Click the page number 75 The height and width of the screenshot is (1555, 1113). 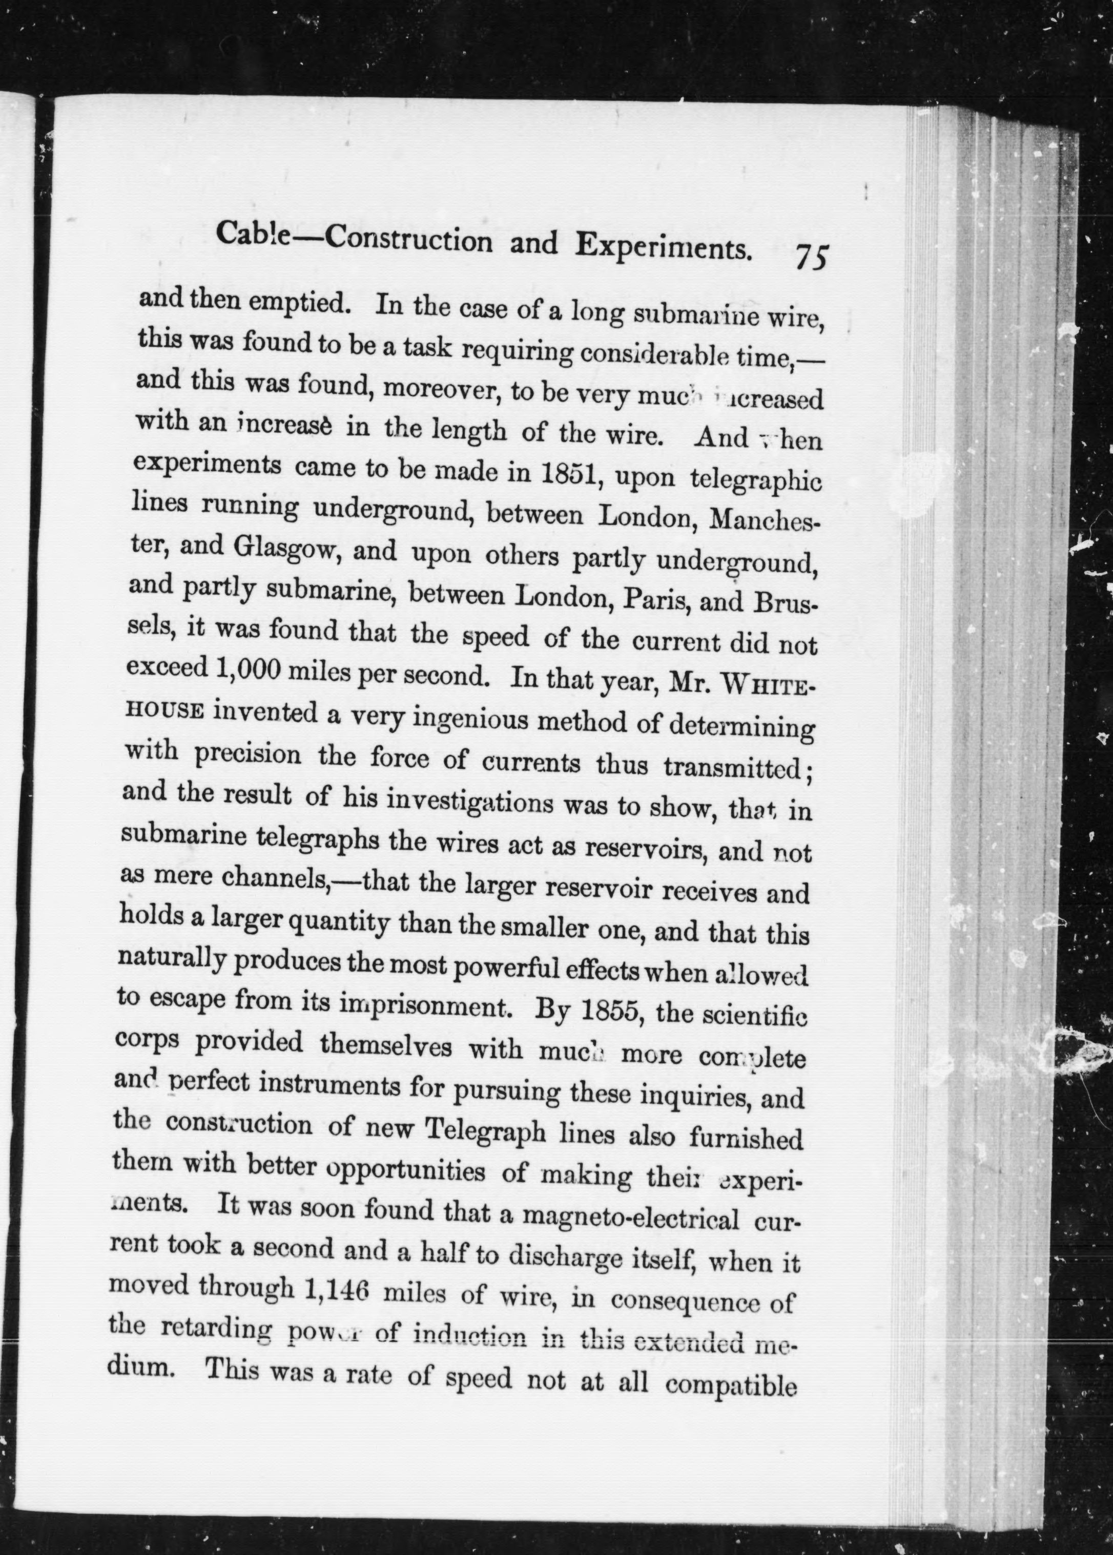(813, 259)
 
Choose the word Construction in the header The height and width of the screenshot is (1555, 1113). (408, 239)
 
